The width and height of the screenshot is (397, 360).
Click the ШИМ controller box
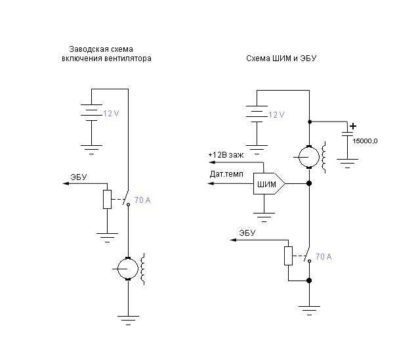coord(269,183)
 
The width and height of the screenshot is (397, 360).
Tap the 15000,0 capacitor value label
coord(365,141)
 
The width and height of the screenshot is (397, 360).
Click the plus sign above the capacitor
coord(352,126)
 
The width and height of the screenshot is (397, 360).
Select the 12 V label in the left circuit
coord(111,114)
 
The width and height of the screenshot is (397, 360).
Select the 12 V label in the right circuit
coord(276,115)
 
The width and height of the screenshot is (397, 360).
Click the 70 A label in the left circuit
coord(142,200)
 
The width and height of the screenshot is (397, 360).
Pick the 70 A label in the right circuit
coord(324,257)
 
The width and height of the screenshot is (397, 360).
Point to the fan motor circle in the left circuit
coord(128,269)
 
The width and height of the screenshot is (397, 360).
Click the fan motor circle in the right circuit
coord(309,157)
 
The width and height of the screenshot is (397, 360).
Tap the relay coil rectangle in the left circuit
coord(107,199)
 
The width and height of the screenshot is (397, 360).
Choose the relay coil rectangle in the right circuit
coord(288,256)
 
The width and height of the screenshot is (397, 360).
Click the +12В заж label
coord(226,155)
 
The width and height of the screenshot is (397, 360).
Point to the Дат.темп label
coord(226,174)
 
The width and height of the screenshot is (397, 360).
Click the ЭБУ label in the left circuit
coord(79,177)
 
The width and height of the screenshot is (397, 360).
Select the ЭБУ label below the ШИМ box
coord(247,233)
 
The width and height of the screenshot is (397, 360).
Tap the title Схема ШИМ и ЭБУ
coord(282,58)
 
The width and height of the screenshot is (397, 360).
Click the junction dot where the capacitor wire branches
coord(309,122)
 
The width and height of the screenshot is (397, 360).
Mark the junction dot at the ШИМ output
coord(309,183)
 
